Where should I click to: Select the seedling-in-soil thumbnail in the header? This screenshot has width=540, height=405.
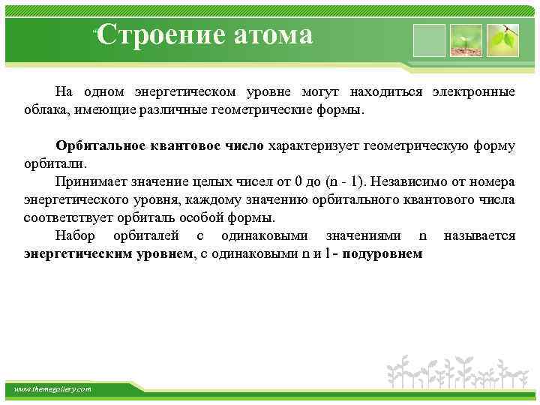pyautogui.click(x=466, y=40)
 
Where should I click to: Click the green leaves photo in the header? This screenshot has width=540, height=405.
pyautogui.click(x=502, y=40)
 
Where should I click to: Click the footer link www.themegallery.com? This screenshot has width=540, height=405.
pyautogui.click(x=52, y=389)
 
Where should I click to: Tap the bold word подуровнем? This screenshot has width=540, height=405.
pyautogui.click(x=385, y=253)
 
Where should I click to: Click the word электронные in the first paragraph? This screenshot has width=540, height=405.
pyautogui.click(x=473, y=91)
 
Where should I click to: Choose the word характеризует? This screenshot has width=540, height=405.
pyautogui.click(x=310, y=145)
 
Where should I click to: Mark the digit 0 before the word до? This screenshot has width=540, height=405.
pyautogui.click(x=298, y=181)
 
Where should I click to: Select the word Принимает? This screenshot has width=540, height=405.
pyautogui.click(x=87, y=181)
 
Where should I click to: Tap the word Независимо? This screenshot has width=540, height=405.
pyautogui.click(x=423, y=181)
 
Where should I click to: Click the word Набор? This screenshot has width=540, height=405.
pyautogui.click(x=76, y=235)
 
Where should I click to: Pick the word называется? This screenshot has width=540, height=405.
pyautogui.click(x=479, y=235)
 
